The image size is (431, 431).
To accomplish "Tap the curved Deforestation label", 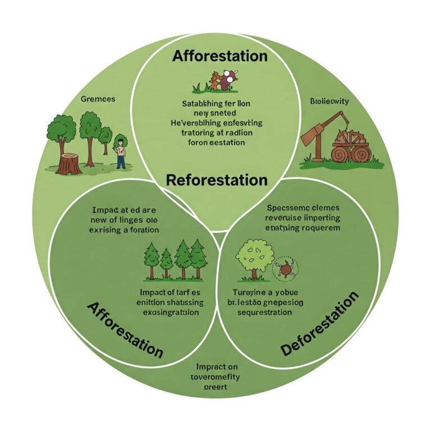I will [x=319, y=324].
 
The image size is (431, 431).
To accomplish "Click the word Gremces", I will [x=98, y=99].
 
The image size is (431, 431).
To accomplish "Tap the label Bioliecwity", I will [x=329, y=102].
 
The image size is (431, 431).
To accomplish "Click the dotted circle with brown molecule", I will [x=286, y=269].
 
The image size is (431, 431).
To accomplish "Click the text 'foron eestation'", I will [x=216, y=143].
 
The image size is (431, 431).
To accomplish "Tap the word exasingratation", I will [x=171, y=312].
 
